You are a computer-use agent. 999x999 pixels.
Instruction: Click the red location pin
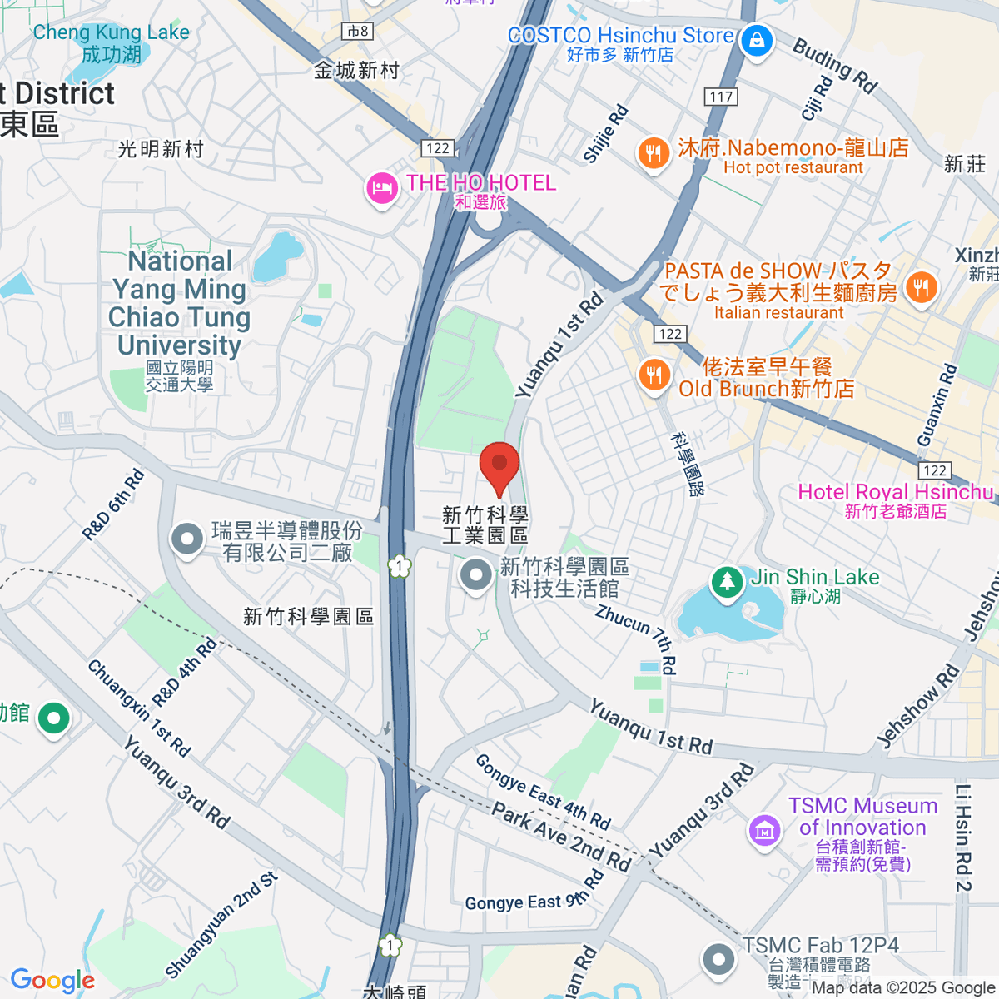(499, 466)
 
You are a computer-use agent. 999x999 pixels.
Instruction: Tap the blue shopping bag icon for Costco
(757, 41)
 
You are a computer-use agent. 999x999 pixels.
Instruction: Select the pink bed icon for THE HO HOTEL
(381, 188)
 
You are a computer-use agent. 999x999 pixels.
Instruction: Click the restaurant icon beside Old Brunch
(654, 375)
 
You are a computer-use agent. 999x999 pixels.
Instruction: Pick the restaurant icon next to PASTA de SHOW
(920, 288)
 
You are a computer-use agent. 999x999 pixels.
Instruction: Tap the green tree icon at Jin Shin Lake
(728, 580)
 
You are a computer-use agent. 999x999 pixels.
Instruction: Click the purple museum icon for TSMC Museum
(764, 828)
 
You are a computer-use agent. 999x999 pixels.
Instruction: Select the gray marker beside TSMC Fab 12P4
(718, 959)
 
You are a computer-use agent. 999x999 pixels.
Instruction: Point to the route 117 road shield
(721, 97)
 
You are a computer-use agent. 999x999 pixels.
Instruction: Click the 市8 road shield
(357, 32)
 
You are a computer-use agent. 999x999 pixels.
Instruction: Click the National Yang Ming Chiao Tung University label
(180, 303)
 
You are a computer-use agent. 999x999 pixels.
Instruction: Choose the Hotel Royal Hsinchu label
(896, 493)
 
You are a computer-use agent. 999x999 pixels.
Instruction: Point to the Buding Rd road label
(835, 65)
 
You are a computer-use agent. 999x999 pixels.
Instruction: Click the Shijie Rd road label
(606, 133)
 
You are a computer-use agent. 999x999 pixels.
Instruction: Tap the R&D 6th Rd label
(114, 505)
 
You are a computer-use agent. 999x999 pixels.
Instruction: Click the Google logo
(52, 981)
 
